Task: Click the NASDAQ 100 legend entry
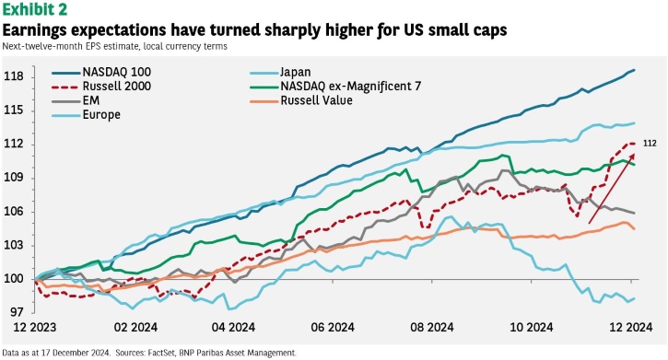pos(101,72)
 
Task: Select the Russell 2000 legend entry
pos(101,87)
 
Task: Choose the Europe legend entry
pos(86,115)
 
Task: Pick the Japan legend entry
pos(280,73)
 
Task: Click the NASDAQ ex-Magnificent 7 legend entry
pos(335,87)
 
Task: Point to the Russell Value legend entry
pos(301,101)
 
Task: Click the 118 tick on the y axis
pos(14,77)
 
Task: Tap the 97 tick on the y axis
pos(17,312)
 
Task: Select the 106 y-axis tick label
pos(14,212)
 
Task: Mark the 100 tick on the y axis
pos(14,279)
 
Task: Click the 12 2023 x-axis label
pos(35,327)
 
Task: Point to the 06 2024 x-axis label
pos(333,327)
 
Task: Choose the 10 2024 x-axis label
pos(532,327)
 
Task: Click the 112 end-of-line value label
pos(650,144)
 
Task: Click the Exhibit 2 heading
pos(35,9)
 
